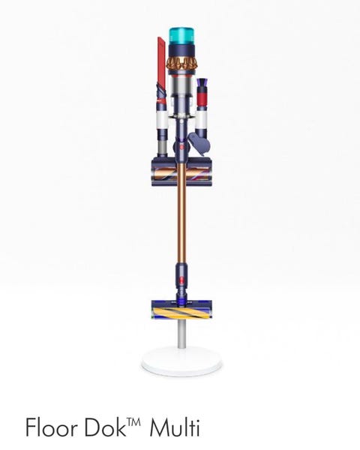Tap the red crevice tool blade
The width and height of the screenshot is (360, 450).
click(161, 58)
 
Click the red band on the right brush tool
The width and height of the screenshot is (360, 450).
click(201, 99)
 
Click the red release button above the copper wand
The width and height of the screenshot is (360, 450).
click(181, 148)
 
